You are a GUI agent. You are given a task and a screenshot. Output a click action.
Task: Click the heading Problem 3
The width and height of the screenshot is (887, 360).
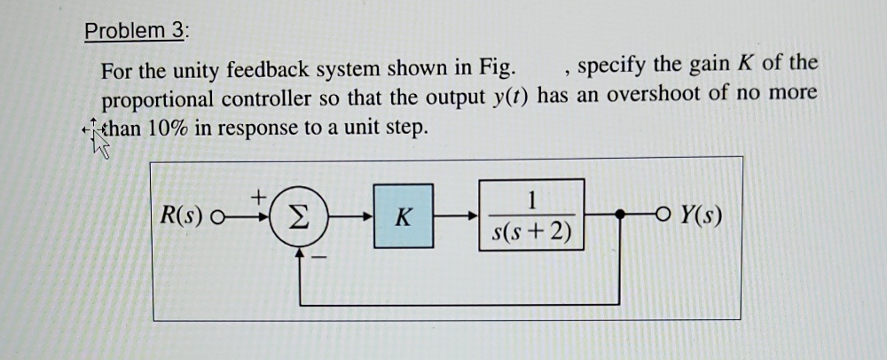click(x=136, y=31)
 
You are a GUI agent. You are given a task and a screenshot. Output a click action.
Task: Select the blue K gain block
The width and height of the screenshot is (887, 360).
click(x=403, y=215)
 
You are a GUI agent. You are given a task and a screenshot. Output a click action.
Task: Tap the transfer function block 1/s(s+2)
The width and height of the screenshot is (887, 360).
click(x=531, y=215)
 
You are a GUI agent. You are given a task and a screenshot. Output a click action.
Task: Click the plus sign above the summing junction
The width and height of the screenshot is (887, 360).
click(x=260, y=193)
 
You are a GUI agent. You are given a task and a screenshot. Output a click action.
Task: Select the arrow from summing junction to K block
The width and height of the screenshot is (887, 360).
click(x=349, y=215)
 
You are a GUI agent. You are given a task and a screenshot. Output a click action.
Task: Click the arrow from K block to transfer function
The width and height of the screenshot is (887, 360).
click(x=456, y=215)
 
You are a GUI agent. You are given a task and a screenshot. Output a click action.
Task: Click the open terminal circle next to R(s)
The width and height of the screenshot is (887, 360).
click(x=218, y=215)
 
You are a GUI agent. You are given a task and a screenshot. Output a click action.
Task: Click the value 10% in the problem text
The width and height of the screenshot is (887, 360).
click(x=165, y=127)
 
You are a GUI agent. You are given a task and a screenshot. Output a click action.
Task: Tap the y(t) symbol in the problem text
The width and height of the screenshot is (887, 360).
click(x=508, y=96)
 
